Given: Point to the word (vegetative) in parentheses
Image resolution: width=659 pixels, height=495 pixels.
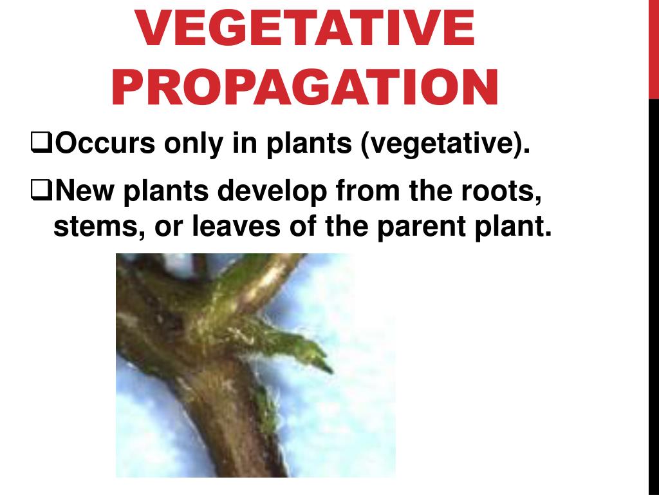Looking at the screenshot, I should click(445, 143).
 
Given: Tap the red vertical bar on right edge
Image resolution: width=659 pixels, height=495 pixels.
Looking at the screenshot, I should click(653, 48).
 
